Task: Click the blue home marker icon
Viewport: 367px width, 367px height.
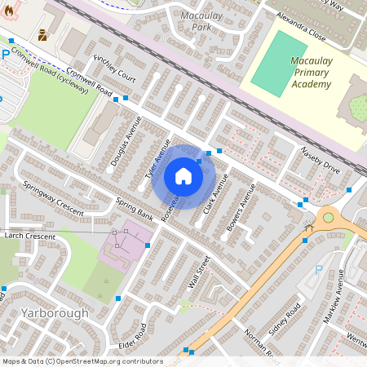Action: (183, 176)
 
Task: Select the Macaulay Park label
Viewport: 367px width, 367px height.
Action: (196, 21)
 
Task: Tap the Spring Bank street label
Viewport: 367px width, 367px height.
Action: (135, 210)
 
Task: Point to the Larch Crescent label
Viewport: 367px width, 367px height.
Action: (29, 237)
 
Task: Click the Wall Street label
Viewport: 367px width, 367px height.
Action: (199, 272)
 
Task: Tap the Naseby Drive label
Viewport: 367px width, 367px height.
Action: (320, 160)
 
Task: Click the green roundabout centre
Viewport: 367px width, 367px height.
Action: (329, 217)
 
